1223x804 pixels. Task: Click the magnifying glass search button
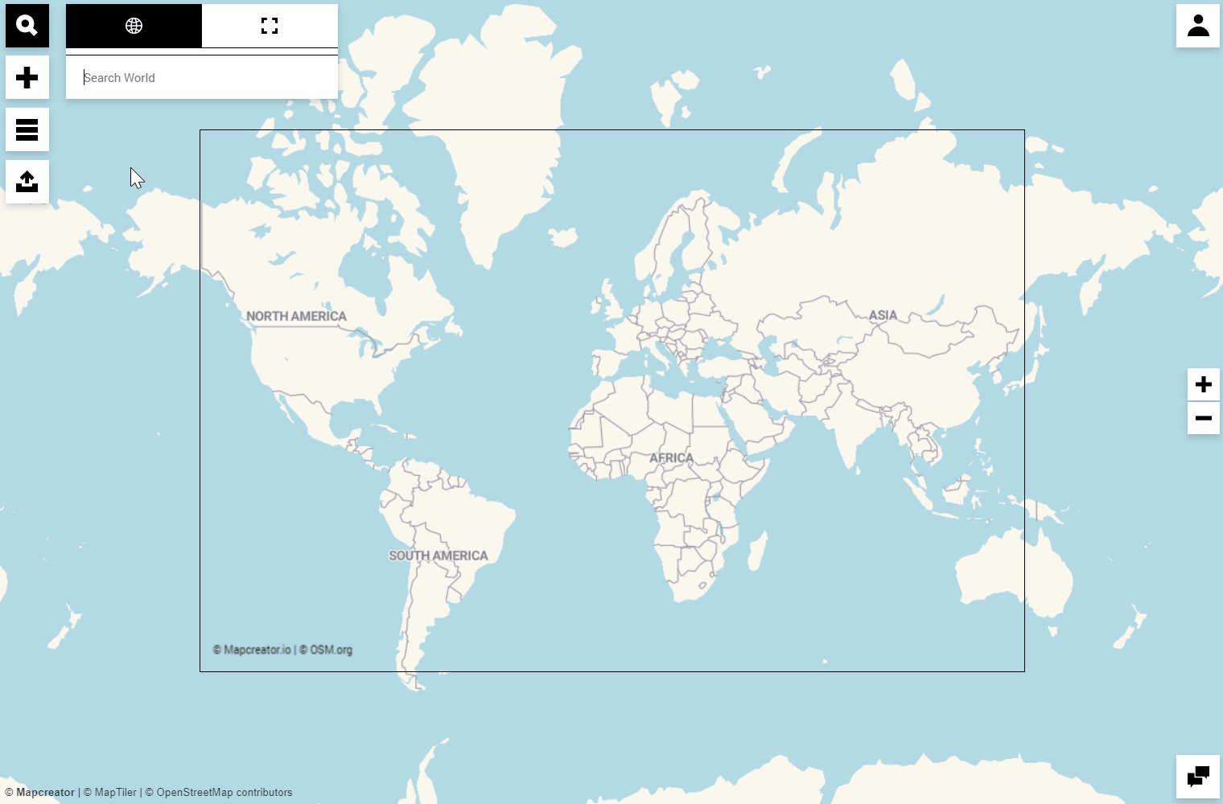coord(27,26)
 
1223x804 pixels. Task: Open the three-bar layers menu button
coord(27,129)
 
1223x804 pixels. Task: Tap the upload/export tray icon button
coord(27,182)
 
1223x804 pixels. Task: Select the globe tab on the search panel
coord(134,26)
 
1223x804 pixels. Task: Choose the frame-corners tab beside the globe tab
coord(270,26)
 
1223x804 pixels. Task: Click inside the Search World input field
coord(201,78)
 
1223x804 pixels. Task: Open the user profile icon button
coord(1198,26)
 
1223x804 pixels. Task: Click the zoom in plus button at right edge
coord(1204,384)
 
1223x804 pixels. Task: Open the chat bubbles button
coord(1198,777)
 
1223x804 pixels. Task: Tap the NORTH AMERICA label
coord(296,317)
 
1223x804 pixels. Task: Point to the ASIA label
coord(883,315)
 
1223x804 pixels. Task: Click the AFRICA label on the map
coord(671,458)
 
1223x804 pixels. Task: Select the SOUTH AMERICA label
coord(439,556)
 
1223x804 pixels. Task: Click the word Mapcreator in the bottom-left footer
coord(45,793)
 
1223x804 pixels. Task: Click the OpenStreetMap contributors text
coord(224,793)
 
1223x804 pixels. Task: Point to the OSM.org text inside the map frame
coord(331,650)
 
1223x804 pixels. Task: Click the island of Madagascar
coord(757,552)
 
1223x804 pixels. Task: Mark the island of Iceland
coord(564,237)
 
